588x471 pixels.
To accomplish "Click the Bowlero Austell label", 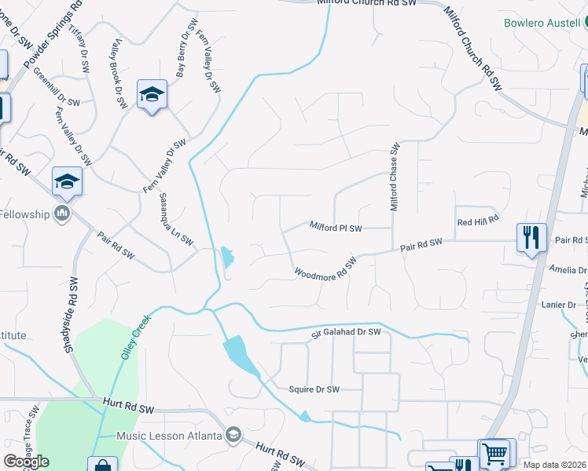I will click(x=542, y=23).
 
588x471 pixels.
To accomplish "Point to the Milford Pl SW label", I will click(x=336, y=228).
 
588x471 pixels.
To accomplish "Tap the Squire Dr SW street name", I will click(x=314, y=389).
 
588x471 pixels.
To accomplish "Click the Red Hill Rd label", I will click(x=479, y=221).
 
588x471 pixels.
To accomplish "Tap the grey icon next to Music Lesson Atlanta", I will click(x=233, y=434).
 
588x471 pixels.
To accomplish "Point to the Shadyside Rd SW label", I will click(x=70, y=313).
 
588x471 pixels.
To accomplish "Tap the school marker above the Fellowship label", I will click(x=68, y=181).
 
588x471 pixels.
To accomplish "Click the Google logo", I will click(x=27, y=462).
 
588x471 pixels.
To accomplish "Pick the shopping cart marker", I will click(x=494, y=453).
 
